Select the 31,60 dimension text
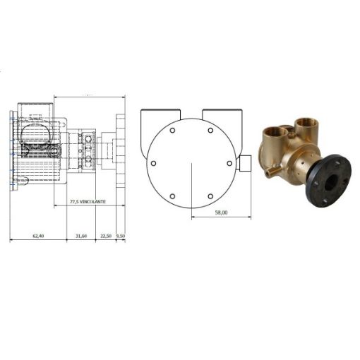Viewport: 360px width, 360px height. [81, 235]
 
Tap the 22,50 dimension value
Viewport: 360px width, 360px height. [106, 235]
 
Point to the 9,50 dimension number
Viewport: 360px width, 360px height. [121, 235]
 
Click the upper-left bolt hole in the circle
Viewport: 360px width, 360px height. [172, 130]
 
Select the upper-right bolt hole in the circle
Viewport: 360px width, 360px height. [210, 130]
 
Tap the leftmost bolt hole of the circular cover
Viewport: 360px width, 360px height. [153, 163]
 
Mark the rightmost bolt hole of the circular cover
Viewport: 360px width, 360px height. [229, 163]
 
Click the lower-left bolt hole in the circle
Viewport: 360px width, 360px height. [172, 196]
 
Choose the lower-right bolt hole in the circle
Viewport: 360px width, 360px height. [210, 196]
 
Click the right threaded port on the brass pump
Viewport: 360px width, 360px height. [306, 126]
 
